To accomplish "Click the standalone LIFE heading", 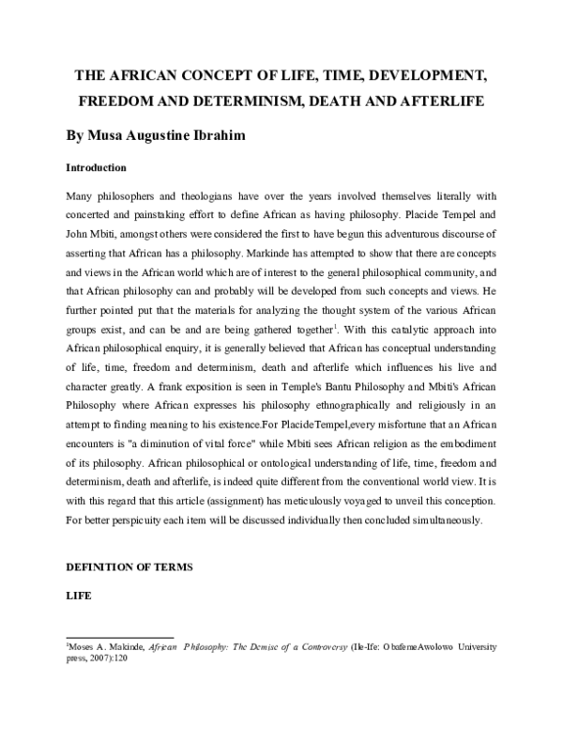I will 77,596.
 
